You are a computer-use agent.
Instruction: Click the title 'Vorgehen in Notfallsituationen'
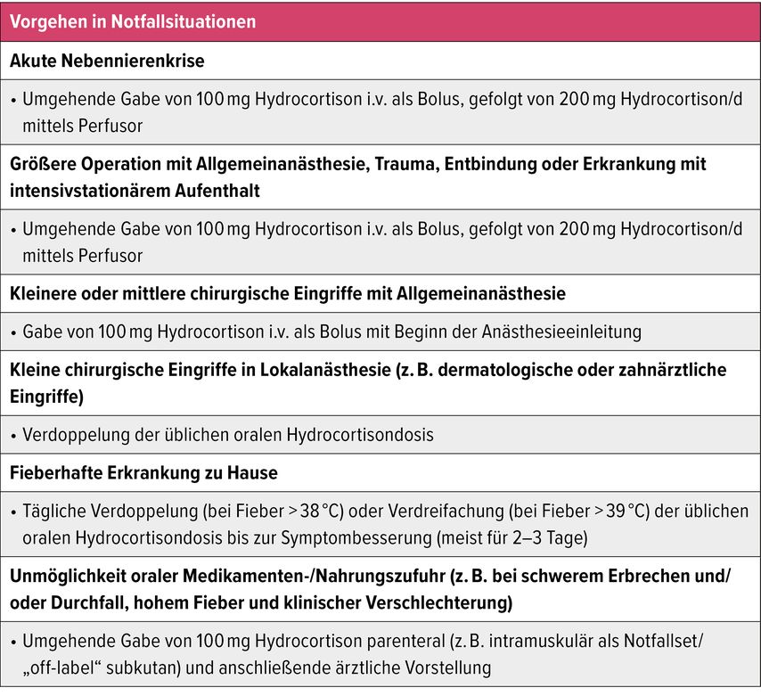coord(133,21)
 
